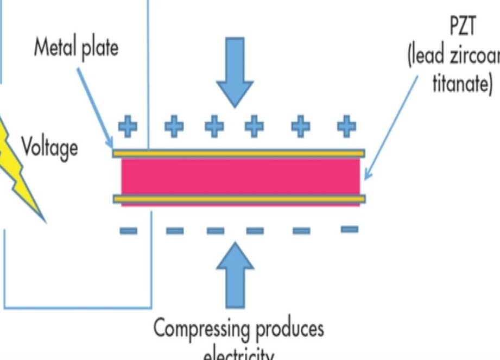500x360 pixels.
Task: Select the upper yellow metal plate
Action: (239, 154)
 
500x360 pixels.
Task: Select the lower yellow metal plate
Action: (239, 199)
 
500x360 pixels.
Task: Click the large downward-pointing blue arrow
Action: (235, 71)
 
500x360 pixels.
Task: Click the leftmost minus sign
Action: (128, 231)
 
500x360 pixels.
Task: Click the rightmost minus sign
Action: (350, 230)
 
